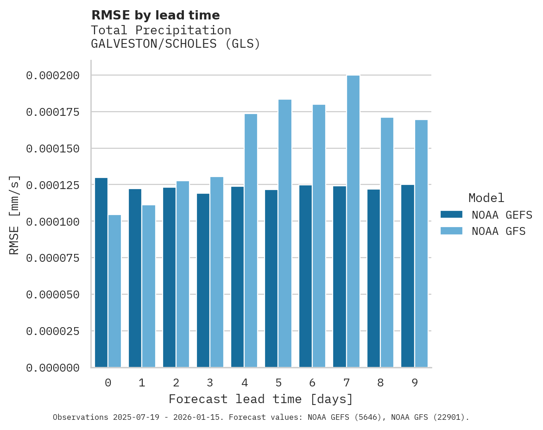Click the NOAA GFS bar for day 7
tap(353, 221)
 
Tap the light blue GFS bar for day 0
tap(114, 291)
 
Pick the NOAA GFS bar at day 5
tap(285, 234)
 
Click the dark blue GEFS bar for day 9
tap(408, 276)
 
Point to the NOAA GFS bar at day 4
tap(251, 240)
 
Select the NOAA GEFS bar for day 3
tap(203, 280)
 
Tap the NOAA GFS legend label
tap(499, 231)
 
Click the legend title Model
tap(486, 198)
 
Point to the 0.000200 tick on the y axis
tap(52, 76)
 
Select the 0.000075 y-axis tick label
tap(52, 258)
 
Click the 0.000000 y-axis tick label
tap(52, 368)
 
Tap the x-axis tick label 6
tap(312, 383)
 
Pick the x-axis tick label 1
tap(142, 383)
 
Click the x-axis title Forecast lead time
tap(260, 399)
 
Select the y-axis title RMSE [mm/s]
tap(14, 215)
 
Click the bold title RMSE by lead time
tap(155, 15)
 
